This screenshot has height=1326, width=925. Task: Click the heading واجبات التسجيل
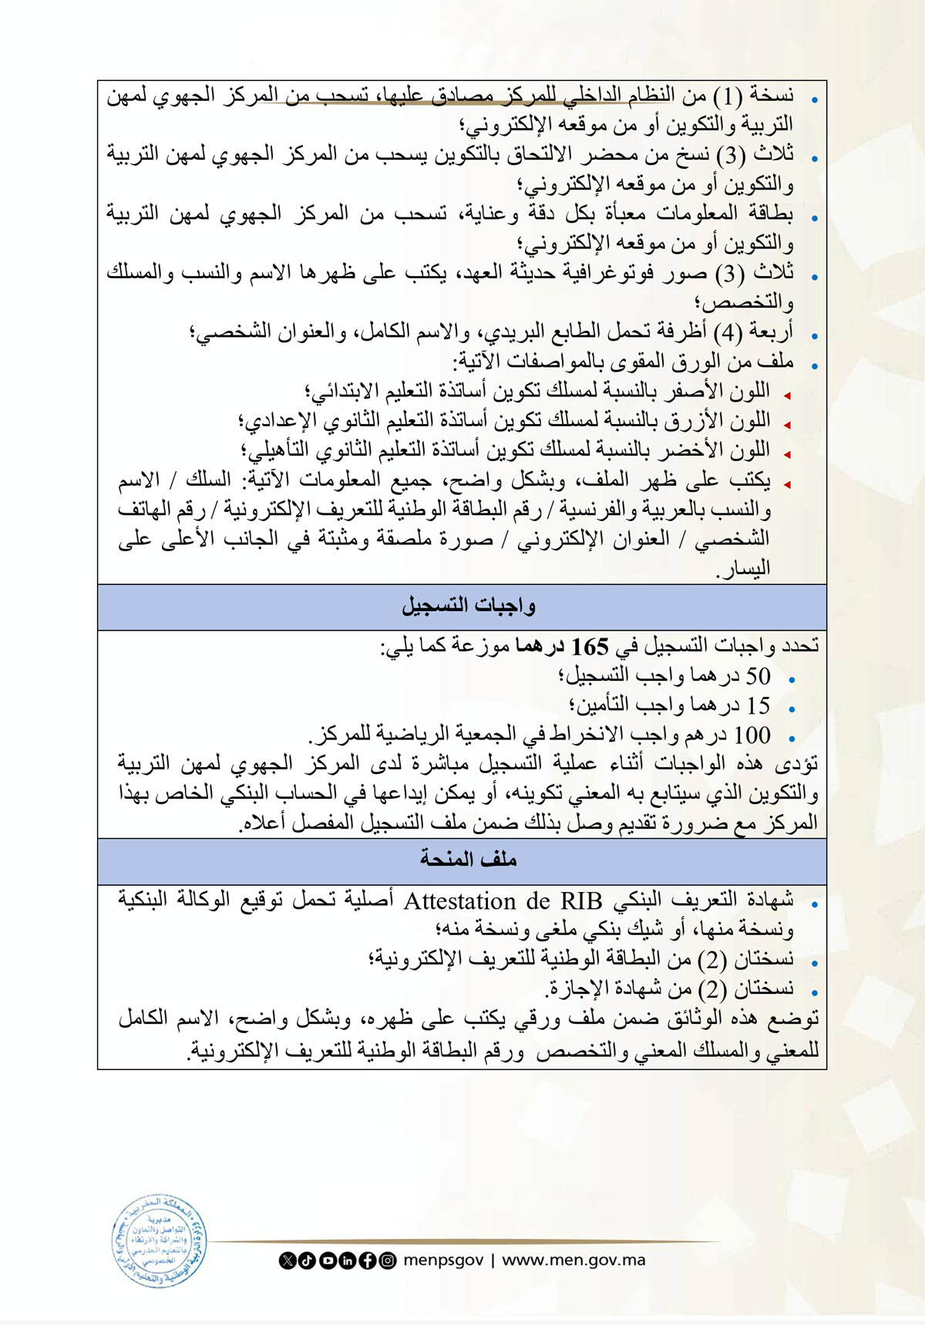point(468,607)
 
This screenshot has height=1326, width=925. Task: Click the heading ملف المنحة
point(468,860)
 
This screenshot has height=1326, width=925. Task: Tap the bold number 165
point(590,646)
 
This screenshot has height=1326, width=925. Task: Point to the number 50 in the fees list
point(758,676)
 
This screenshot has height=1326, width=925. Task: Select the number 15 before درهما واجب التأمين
point(758,705)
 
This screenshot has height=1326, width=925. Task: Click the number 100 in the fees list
point(752,735)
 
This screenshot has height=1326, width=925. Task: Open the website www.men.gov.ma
point(573,1260)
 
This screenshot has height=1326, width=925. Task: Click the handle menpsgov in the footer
point(443,1260)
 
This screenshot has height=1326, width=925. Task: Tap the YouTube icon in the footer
point(328,1260)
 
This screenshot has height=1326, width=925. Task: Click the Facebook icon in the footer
point(368,1260)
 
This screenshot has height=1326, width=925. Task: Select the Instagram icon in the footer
point(388,1260)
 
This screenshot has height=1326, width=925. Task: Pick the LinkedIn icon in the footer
point(348,1260)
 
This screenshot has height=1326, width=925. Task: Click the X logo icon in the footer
point(288,1260)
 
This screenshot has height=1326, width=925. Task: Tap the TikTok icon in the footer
point(307,1260)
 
